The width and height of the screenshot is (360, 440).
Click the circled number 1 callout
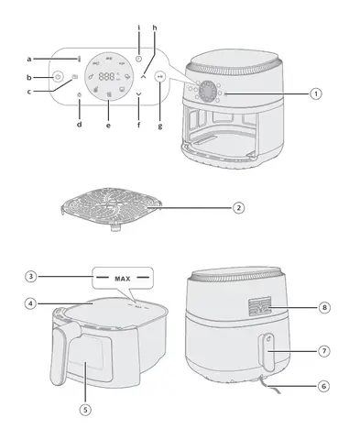316,93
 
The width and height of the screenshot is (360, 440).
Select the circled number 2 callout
239,208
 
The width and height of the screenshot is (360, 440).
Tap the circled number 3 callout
30,277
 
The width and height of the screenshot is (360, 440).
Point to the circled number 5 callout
85,410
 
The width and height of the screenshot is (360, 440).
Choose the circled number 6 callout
324,386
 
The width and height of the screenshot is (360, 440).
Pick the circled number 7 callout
324,351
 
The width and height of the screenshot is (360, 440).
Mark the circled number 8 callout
324,307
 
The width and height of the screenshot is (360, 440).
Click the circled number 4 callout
30,303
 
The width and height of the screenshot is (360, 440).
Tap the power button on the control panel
58,76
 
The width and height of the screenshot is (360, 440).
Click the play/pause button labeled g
160,76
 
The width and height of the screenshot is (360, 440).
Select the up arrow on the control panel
143,77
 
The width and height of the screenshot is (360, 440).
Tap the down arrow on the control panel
139,93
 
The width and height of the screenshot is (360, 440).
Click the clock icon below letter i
139,59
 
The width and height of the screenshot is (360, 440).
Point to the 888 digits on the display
106,76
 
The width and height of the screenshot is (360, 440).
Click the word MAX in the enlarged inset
123,279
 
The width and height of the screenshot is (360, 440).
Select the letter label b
29,78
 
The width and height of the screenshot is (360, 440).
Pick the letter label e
108,126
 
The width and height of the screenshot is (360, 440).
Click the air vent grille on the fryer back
259,306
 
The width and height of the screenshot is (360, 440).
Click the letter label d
80,124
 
